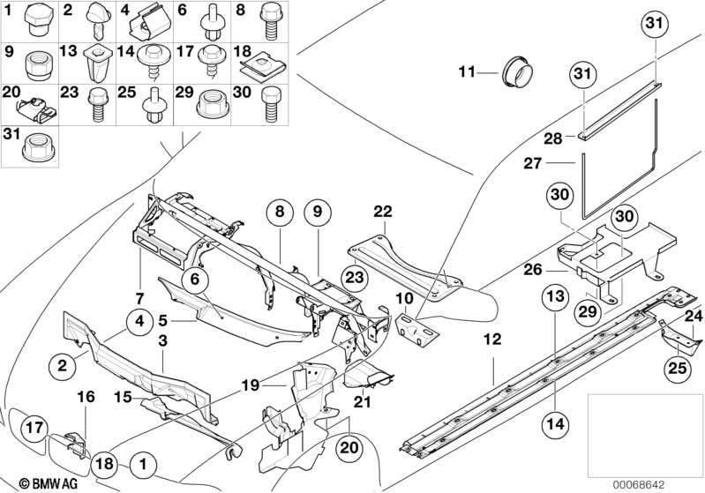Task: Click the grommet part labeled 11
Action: pyautogui.click(x=517, y=71)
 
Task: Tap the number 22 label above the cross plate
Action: pyautogui.click(x=383, y=211)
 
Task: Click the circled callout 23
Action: pyautogui.click(x=355, y=277)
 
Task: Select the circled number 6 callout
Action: pyautogui.click(x=195, y=279)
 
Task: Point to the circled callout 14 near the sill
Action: pyautogui.click(x=556, y=423)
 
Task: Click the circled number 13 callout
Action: pyautogui.click(x=556, y=296)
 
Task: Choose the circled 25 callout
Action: pyautogui.click(x=678, y=369)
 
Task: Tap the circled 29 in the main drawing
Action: pyautogui.click(x=588, y=311)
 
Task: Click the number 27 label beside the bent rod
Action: pyautogui.click(x=533, y=162)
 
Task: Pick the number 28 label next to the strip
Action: pyautogui.click(x=553, y=138)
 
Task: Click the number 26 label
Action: pyautogui.click(x=533, y=270)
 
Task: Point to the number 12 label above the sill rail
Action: pyautogui.click(x=492, y=339)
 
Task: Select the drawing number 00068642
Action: pyautogui.click(x=638, y=485)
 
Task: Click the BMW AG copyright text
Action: pyautogui.click(x=49, y=483)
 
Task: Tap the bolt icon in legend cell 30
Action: pyautogui.click(x=271, y=104)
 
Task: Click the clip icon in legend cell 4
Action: pyautogui.click(x=151, y=23)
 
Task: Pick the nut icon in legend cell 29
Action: pyautogui.click(x=213, y=104)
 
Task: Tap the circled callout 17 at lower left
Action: pyautogui.click(x=34, y=427)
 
